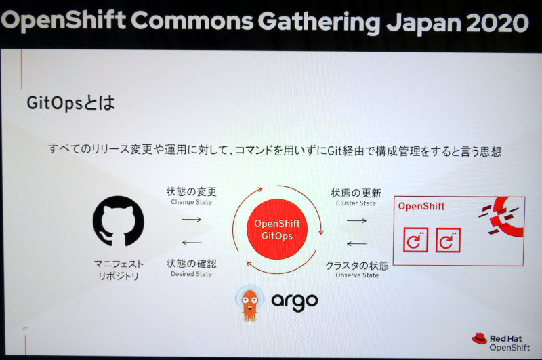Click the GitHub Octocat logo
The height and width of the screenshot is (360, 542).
pos(118,221)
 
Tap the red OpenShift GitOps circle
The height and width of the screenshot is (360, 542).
pos(277,229)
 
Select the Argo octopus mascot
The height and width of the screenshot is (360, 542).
pos(249,303)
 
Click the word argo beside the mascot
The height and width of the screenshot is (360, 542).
pos(295,302)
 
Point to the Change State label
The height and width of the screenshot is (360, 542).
pos(192,202)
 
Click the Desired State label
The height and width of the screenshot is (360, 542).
pos(192,274)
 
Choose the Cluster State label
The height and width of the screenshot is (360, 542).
pos(356,203)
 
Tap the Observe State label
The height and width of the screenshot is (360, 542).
pos(357,275)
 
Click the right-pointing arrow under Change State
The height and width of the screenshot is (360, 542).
pos(192,219)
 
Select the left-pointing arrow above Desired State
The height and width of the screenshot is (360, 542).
pos(192,243)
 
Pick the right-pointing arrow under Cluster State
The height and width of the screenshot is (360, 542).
pos(357,220)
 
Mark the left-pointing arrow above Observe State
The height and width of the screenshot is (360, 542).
pos(357,244)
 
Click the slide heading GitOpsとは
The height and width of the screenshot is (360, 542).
pos(71,102)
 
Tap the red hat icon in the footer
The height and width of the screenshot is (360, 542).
pos(480,338)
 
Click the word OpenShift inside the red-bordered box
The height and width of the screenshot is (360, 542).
pos(421,207)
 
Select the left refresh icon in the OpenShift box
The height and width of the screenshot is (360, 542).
pos(415,239)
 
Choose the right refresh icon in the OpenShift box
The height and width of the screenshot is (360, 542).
pos(448,240)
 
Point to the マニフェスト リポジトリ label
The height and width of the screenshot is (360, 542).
pos(119,270)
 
